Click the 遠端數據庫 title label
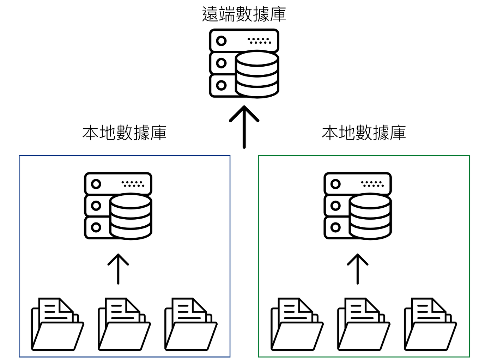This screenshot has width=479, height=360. (x=244, y=14)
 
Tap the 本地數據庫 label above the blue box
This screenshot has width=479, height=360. (x=125, y=133)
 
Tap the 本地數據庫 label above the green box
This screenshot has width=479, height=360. (x=364, y=133)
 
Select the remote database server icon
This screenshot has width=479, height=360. (x=244, y=63)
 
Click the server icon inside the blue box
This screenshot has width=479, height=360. (x=118, y=206)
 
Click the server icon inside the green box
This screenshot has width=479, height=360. (x=357, y=206)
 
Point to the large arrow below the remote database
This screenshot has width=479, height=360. (x=244, y=127)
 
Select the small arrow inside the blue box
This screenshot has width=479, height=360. (x=118, y=269)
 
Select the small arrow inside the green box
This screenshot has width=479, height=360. (x=357, y=269)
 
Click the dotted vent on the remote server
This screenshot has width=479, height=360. (x=259, y=41)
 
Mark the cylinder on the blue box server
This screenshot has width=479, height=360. (x=131, y=216)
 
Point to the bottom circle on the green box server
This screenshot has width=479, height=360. (x=335, y=227)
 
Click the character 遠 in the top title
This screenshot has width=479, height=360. (x=210, y=14)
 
